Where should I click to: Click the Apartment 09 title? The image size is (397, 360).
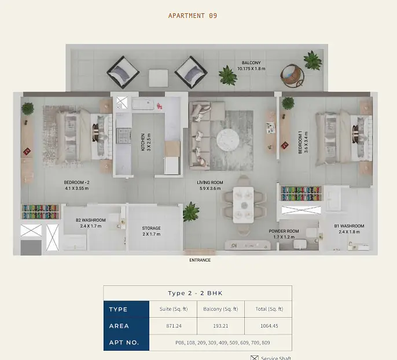[x=193, y=16]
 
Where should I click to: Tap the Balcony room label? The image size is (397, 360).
[x=251, y=65]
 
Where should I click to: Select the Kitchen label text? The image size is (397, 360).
[x=146, y=142]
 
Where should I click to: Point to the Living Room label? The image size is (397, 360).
[x=210, y=185]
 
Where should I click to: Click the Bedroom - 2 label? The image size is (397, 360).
[x=77, y=185]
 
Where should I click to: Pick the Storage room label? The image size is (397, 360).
[x=152, y=231]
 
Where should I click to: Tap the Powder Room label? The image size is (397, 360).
[x=284, y=234]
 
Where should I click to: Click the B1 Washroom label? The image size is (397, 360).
[x=349, y=229]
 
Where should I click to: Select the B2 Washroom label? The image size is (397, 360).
[x=91, y=223]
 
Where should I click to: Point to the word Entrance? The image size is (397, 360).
[x=200, y=260]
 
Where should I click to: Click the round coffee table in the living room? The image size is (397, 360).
[x=228, y=140]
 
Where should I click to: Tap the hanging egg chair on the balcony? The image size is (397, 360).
[x=292, y=75]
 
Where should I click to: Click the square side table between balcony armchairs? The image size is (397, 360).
[x=158, y=78]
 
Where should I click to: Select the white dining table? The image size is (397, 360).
[x=243, y=205]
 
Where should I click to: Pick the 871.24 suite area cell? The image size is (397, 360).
[x=174, y=326]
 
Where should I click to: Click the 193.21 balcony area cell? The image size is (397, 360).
[x=220, y=326]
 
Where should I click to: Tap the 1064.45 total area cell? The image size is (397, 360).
[x=269, y=326]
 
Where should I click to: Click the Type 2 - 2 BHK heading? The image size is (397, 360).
[x=195, y=293]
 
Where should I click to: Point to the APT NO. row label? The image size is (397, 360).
[x=124, y=343]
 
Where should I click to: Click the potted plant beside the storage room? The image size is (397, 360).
[x=191, y=212]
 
